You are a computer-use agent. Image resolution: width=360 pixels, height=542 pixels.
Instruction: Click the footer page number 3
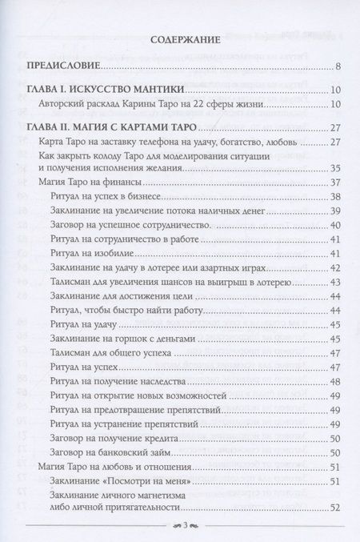pyautogui.click(x=181, y=524)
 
